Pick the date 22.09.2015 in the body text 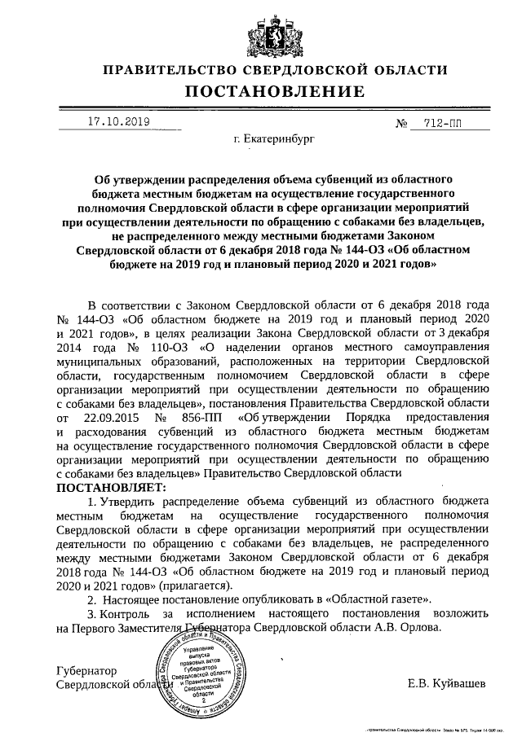104,417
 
